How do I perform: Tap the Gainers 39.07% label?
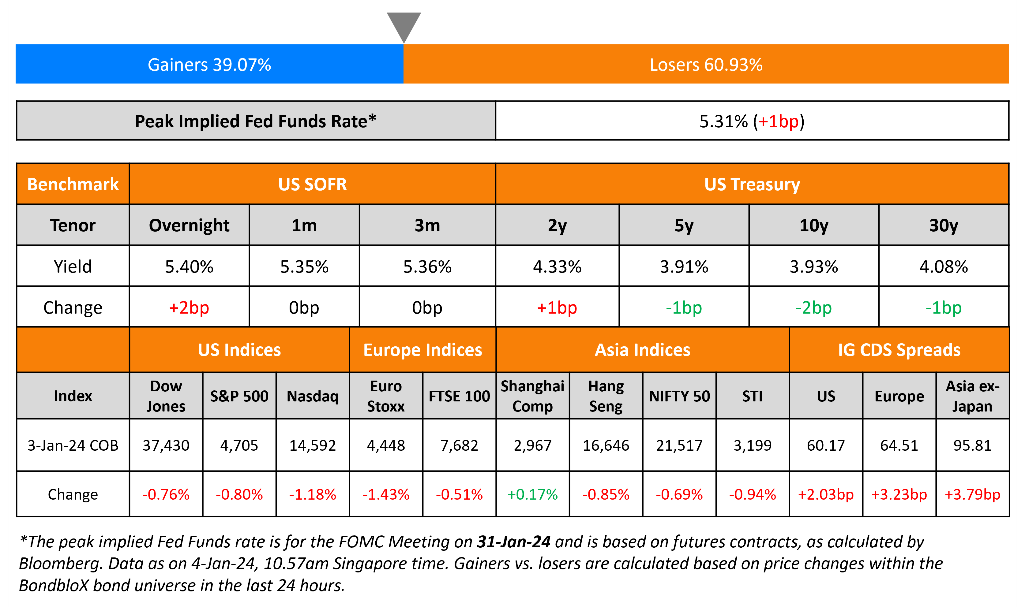209,65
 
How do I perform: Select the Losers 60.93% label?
706,65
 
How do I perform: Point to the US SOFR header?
312,184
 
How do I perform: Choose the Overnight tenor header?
189,225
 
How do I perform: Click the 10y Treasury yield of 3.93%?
813,267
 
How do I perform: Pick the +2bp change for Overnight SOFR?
189,307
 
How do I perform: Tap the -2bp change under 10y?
813,307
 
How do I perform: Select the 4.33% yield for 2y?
557,267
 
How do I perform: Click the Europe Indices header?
423,350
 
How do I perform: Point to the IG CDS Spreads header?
899,350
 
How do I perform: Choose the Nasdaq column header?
313,396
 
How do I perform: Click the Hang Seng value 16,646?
606,445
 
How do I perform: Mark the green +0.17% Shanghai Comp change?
532,494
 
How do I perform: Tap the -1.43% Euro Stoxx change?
386,494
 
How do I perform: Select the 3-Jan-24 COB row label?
73,445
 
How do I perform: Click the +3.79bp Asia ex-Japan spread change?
972,494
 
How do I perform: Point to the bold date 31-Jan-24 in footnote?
513,542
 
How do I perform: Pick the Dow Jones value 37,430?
166,445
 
